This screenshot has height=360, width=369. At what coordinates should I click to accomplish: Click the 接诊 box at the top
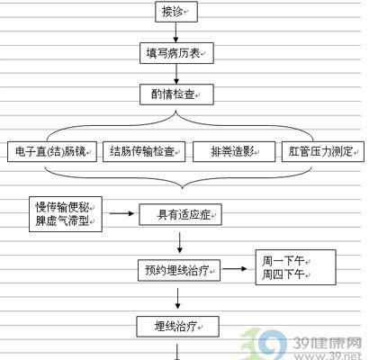[x=176, y=12]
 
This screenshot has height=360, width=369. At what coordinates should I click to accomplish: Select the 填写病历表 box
[x=176, y=53]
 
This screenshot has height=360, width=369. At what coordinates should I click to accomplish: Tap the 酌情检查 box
[x=176, y=94]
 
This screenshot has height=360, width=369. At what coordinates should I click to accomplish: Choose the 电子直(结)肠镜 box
[x=52, y=152]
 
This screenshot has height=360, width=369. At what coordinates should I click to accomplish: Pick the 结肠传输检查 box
[x=144, y=152]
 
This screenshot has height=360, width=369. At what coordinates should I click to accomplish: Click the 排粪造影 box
[x=234, y=152]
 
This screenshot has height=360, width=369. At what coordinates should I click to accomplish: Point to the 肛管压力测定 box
[x=323, y=152]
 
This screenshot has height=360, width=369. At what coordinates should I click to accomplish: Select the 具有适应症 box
[x=180, y=215]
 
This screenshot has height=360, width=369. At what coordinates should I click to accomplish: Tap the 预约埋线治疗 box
[x=179, y=271]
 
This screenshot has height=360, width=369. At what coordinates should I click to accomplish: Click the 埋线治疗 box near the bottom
[x=178, y=327]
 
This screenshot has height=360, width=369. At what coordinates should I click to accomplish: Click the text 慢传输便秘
[x=62, y=207]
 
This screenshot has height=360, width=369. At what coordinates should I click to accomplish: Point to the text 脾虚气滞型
[x=62, y=221]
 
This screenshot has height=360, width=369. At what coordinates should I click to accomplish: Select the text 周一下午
[x=283, y=261]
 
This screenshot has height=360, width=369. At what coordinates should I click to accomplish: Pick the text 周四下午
[x=283, y=274]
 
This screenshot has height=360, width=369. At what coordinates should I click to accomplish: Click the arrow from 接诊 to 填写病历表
[x=176, y=32]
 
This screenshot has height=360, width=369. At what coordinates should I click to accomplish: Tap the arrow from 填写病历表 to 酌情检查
[x=176, y=74]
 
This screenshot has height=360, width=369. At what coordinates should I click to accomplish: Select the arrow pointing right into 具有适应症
[x=121, y=213]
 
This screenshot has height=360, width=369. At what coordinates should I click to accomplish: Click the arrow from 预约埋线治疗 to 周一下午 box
[x=234, y=269]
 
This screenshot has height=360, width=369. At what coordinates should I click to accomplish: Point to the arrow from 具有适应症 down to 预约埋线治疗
[x=180, y=242]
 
